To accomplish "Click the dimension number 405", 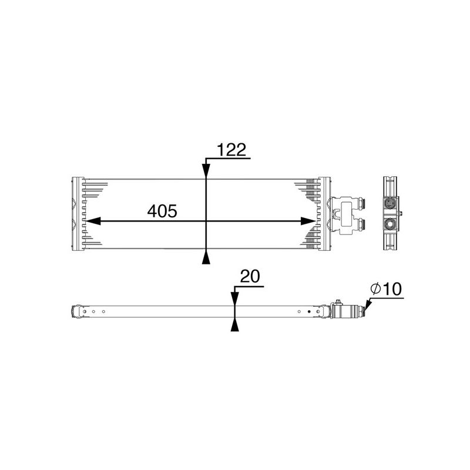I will (162, 211).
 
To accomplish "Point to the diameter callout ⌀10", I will (385, 289).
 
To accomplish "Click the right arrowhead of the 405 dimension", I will (309, 221).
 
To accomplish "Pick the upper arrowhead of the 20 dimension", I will (234, 298).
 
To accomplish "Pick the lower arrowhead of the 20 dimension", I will (234, 325).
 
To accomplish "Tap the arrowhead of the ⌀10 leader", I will (367, 305).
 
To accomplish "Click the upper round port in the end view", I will (389, 203).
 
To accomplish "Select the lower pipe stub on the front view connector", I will (359, 224).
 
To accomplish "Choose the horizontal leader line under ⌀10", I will (387, 298).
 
